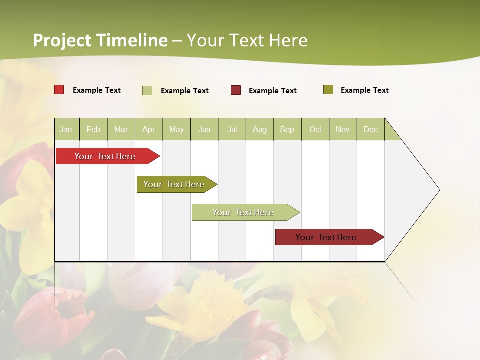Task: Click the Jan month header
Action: point(66,129)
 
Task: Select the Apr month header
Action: point(148,129)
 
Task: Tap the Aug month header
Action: point(259,129)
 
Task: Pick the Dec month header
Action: point(370,129)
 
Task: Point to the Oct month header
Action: point(315,129)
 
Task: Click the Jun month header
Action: point(204,129)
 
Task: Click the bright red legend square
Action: point(59,90)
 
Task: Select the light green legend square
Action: point(147,90)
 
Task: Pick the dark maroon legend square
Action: point(236,90)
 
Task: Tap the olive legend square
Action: point(328,90)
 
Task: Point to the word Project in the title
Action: point(62,40)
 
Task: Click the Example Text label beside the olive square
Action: point(364,90)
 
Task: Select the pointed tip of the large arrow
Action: point(438,190)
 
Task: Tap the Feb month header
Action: point(93,129)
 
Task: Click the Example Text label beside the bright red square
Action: point(96,90)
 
